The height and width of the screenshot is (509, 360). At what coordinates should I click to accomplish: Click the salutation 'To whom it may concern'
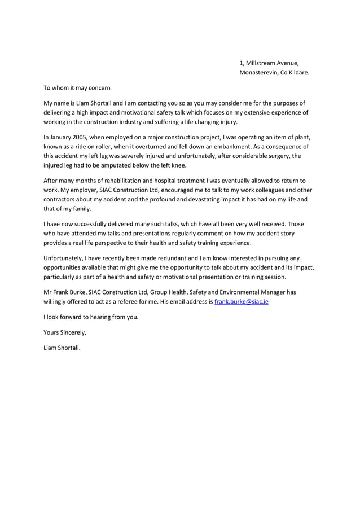coord(77,88)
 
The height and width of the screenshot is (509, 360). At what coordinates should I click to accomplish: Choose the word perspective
coord(121,243)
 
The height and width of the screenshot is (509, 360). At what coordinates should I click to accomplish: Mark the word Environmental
coord(233,292)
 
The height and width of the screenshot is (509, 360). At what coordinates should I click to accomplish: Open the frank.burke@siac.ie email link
coord(245,302)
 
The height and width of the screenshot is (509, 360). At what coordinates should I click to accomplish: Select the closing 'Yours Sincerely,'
coord(65,332)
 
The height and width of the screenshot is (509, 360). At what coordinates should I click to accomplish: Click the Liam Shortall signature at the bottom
coord(62,347)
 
